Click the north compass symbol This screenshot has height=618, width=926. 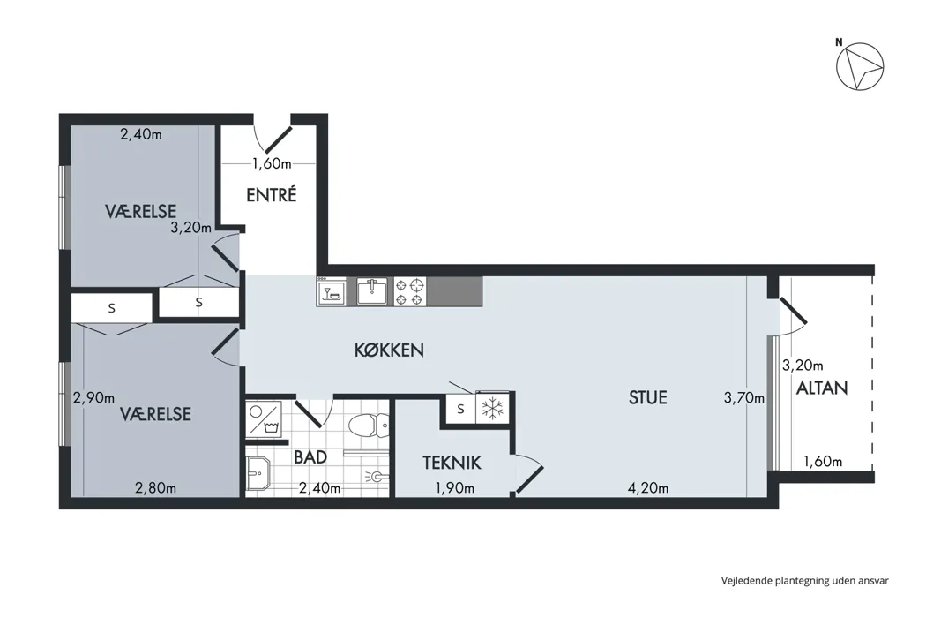(x=860, y=65)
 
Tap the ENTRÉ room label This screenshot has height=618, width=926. (x=271, y=194)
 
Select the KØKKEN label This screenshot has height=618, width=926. (x=389, y=350)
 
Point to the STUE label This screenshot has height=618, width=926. (x=648, y=397)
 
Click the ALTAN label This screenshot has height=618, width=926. (x=822, y=388)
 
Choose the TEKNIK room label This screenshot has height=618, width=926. (x=452, y=463)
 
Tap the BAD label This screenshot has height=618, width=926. (x=310, y=457)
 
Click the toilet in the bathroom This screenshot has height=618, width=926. (x=369, y=426)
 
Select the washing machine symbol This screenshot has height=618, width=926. (x=264, y=418)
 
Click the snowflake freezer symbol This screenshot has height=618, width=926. (x=492, y=408)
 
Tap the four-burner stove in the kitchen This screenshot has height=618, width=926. (x=410, y=291)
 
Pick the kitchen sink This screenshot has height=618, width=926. (x=371, y=291)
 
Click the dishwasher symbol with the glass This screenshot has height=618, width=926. (x=332, y=291)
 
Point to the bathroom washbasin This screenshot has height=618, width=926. (x=258, y=474)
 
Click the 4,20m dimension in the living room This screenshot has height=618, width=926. (x=648, y=488)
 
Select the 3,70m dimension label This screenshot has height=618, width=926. (x=744, y=398)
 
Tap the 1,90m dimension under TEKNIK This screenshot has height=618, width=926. (x=455, y=488)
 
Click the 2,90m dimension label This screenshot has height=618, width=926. (x=93, y=398)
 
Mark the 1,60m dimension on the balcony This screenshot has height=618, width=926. (x=823, y=461)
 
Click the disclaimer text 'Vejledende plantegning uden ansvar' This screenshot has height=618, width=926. (x=805, y=581)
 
